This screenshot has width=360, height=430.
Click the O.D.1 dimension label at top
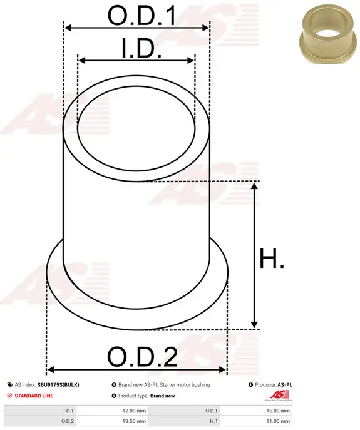coord(141,16)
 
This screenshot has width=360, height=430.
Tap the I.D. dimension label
coord(141,48)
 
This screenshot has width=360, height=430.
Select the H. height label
coord(272,258)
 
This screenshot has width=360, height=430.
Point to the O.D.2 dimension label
coord(142,357)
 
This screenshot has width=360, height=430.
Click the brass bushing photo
coord(326,34)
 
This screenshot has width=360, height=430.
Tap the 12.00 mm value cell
coord(134,411)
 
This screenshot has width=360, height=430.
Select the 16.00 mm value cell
coord(278,411)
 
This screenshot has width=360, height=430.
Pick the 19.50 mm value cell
coord(134,421)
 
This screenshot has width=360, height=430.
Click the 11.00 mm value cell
coord(278,421)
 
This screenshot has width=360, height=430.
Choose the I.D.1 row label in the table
coord(68,411)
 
